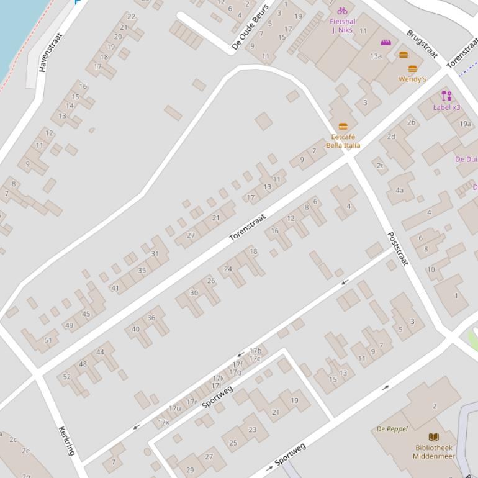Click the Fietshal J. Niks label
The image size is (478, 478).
click(x=343, y=25)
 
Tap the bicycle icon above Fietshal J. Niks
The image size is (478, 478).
click(x=342, y=11)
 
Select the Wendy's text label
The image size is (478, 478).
click(x=412, y=79)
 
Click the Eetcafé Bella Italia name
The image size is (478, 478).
click(x=343, y=141)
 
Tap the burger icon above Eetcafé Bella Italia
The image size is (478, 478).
click(x=343, y=127)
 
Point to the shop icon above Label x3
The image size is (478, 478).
click(x=446, y=96)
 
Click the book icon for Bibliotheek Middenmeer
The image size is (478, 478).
click(x=433, y=437)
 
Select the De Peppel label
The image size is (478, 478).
click(x=392, y=429)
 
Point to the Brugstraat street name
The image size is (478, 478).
click(x=422, y=43)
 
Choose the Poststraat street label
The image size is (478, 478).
click(x=397, y=249)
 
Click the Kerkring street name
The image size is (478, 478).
click(x=67, y=441)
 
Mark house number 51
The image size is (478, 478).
click(x=48, y=340)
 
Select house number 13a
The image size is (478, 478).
click(x=376, y=56)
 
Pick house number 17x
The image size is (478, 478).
click(x=163, y=422)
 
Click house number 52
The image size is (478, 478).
click(x=67, y=377)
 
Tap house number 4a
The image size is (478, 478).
click(x=400, y=191)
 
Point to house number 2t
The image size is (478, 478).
click(x=380, y=166)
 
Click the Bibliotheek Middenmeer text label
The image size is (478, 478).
click(x=434, y=452)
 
